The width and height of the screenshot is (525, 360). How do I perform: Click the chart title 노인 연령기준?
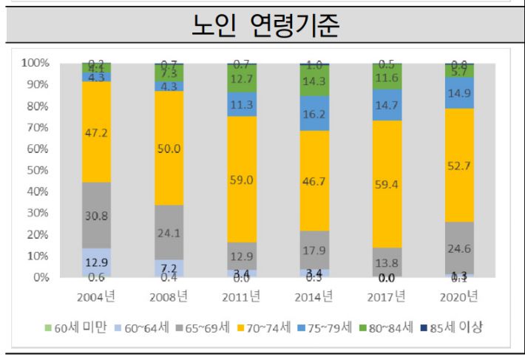pos(262,26)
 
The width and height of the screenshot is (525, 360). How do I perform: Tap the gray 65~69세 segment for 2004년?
pos(96,215)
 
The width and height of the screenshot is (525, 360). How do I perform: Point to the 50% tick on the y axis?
pos(38,171)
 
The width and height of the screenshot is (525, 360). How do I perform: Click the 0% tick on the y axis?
pos(41,278)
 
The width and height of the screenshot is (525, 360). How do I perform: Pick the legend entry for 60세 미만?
pos(76,327)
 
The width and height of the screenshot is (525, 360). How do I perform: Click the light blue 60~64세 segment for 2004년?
pos(96,262)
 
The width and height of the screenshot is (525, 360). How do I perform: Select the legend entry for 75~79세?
pos(322,327)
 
